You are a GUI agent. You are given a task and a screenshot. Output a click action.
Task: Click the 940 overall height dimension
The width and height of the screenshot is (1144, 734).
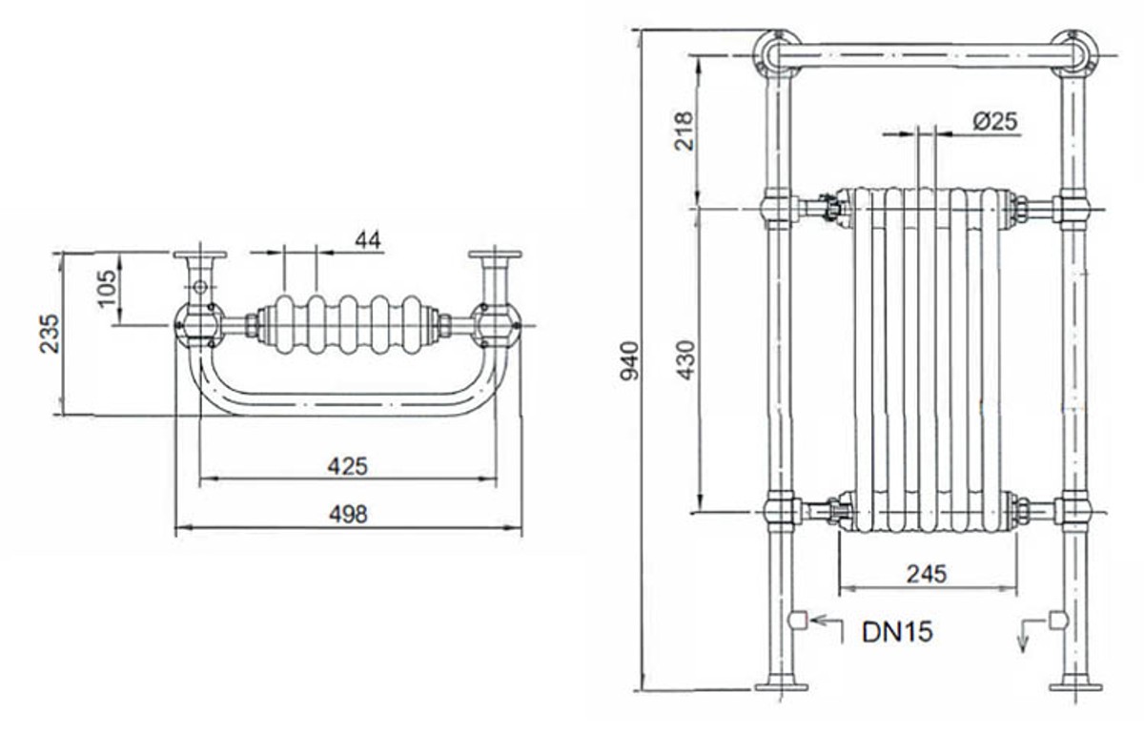pyautogui.click(x=630, y=361)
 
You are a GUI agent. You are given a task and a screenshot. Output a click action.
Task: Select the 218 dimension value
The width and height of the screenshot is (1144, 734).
pyautogui.click(x=684, y=132)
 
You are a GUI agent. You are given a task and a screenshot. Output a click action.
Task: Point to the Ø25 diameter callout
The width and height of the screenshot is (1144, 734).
pyautogui.click(x=995, y=122)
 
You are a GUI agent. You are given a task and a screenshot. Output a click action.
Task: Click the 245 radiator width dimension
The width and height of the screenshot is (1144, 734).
pyautogui.click(x=927, y=574)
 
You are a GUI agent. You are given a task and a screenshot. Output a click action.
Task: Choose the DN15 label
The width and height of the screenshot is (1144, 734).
pyautogui.click(x=897, y=632)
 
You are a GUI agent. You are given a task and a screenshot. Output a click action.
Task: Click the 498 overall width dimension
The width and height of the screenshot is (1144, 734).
pyautogui.click(x=348, y=515)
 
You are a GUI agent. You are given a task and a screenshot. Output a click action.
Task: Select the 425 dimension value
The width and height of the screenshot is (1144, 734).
pyautogui.click(x=347, y=466)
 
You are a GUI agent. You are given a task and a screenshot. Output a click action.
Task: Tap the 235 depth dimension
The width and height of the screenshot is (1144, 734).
pyautogui.click(x=50, y=334)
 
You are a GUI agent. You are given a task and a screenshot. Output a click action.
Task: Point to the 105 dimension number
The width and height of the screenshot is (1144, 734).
pyautogui.click(x=107, y=289)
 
